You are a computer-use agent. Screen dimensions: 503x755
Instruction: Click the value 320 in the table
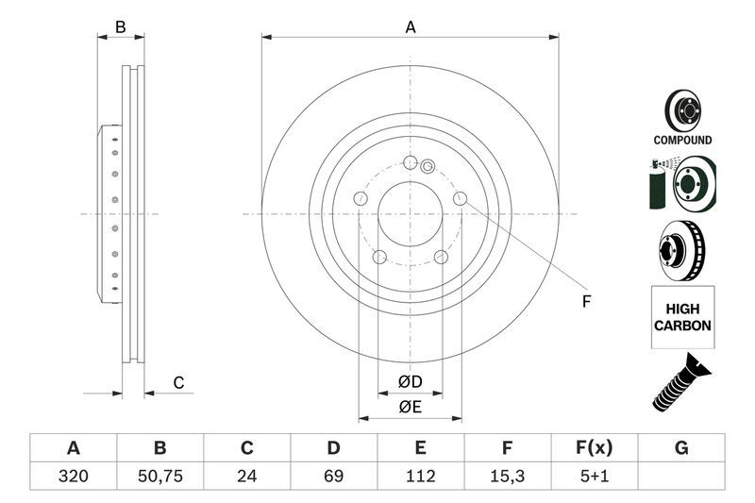point(72,477)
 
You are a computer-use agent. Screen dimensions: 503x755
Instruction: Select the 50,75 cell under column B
point(159,477)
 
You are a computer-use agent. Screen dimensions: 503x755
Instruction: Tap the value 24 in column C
point(247,477)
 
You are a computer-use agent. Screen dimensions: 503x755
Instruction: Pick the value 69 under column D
point(333,477)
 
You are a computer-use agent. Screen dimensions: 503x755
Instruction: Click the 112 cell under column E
point(421,477)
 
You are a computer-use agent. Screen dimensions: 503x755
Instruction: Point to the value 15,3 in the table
point(508,477)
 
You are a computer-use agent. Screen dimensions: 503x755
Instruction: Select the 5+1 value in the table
point(595,477)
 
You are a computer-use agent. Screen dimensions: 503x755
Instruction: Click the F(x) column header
point(595,447)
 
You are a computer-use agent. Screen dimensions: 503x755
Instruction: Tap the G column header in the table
point(681,447)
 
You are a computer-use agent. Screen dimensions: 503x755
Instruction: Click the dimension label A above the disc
point(411,27)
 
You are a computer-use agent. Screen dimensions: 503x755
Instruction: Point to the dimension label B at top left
point(120,27)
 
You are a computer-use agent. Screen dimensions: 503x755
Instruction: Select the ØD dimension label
point(409,381)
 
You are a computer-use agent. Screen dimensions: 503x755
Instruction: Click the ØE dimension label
point(409,407)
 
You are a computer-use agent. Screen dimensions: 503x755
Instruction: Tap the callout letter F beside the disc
point(585,302)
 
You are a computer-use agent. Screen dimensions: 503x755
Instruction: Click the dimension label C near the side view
point(177,382)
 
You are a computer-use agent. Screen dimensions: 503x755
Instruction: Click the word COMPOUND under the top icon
point(682,140)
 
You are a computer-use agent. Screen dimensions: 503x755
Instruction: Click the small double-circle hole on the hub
point(427,168)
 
